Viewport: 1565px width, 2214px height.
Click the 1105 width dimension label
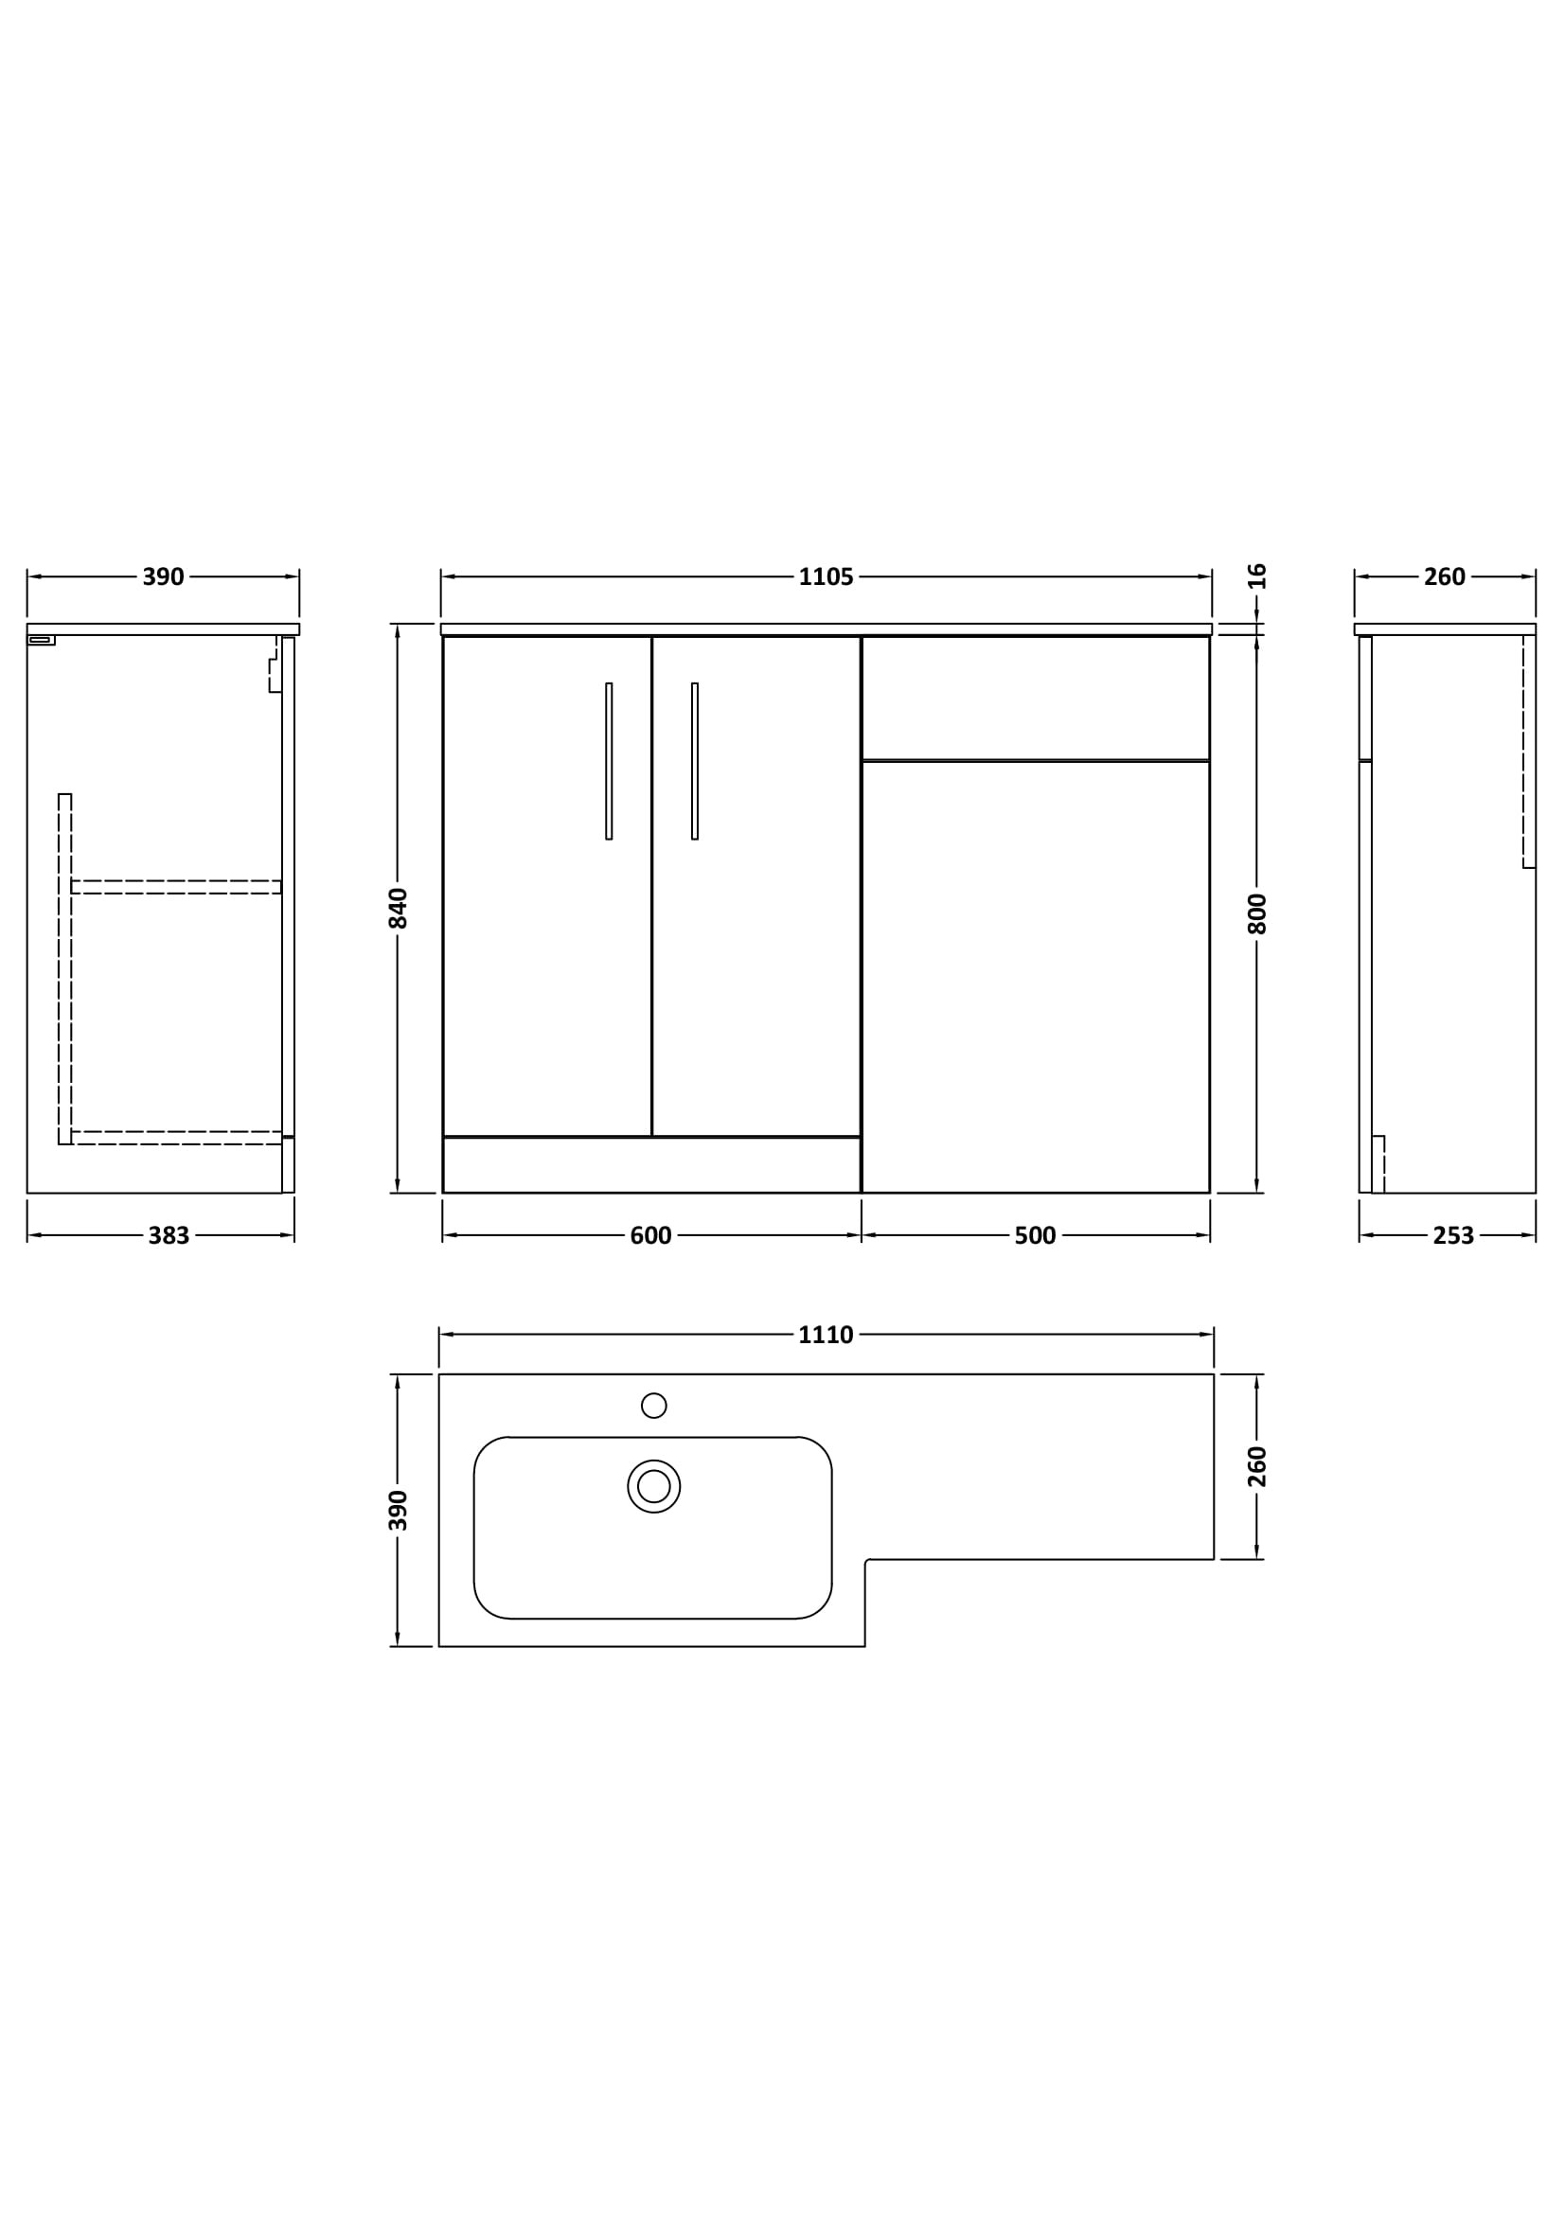(x=826, y=577)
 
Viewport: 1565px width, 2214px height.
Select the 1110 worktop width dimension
(x=826, y=1336)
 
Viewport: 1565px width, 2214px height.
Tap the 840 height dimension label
(x=399, y=909)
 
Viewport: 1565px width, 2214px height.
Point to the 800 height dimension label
(x=1256, y=914)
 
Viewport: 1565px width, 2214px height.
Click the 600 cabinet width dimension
(x=650, y=1236)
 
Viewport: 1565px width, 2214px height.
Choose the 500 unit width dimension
(x=1035, y=1236)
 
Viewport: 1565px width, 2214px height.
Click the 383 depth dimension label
(x=169, y=1236)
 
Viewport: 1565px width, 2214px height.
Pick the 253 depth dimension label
(x=1453, y=1236)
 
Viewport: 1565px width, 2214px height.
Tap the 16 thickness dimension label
(x=1256, y=576)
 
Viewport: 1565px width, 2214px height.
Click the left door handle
(x=609, y=762)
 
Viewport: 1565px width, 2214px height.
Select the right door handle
(x=694, y=762)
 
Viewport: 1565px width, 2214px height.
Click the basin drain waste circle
(x=654, y=1486)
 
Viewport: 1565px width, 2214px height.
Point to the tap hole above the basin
(x=654, y=1405)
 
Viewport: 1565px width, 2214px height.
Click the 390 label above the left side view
(x=163, y=577)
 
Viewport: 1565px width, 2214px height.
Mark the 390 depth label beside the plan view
(x=399, y=1510)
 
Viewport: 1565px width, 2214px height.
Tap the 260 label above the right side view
(x=1445, y=577)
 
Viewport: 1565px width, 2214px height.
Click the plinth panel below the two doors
(x=650, y=1165)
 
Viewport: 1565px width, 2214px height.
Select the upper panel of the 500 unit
(x=1035, y=699)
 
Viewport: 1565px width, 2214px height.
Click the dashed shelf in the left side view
(x=175, y=887)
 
